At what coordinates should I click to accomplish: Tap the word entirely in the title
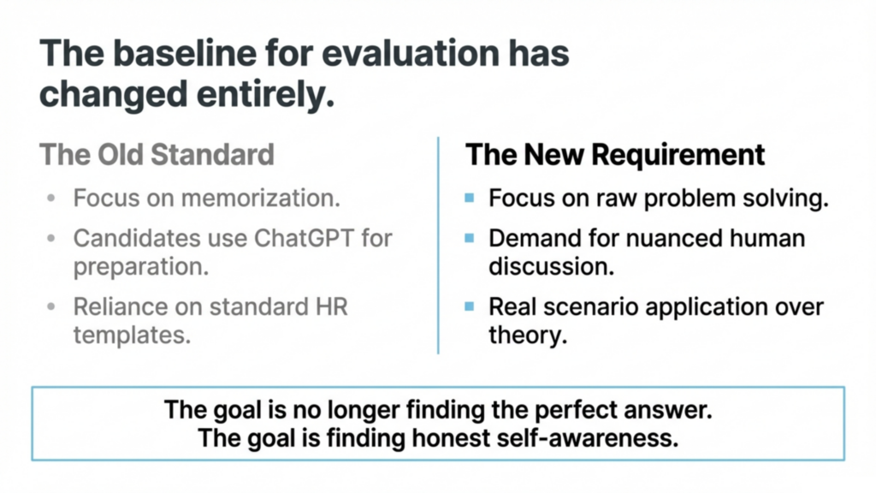[x=265, y=93]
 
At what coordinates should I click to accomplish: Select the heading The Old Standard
[x=157, y=154]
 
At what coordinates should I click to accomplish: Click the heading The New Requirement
[x=615, y=154]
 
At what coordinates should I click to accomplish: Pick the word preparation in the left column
[x=141, y=267]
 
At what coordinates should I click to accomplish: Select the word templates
[x=132, y=335]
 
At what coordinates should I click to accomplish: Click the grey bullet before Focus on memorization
[x=51, y=198]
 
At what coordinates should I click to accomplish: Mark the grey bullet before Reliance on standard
[x=51, y=306]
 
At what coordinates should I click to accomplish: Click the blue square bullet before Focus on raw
[x=470, y=198]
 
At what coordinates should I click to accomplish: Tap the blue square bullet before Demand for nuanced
[x=470, y=238]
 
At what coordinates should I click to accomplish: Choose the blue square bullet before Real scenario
[x=470, y=306]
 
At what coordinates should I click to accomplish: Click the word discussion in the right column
[x=552, y=267]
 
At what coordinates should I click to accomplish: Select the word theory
[x=528, y=335]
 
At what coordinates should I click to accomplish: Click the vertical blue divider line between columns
[x=438, y=246]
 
